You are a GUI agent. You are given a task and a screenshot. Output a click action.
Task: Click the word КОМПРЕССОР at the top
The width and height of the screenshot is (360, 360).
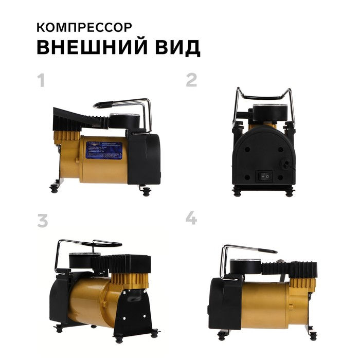pos(84,26)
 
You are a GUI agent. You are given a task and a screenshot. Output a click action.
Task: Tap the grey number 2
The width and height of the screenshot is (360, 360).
pos(191,80)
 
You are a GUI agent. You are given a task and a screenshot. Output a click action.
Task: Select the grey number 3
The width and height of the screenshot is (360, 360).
pos(43,220)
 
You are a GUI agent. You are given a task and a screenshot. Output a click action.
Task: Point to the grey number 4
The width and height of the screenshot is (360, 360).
pos(191,219)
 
